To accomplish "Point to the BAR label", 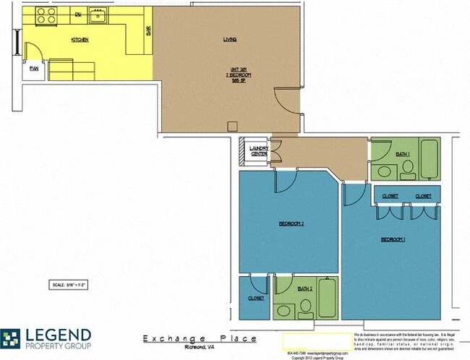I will [x=148, y=31].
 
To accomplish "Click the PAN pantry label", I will [x=34, y=69].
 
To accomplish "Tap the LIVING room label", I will [x=230, y=39].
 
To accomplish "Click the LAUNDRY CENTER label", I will [x=260, y=150].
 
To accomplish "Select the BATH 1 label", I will [x=403, y=153].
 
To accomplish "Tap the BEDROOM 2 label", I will [x=291, y=223].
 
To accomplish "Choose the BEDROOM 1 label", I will [x=391, y=239].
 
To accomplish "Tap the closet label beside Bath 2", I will [x=256, y=298].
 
